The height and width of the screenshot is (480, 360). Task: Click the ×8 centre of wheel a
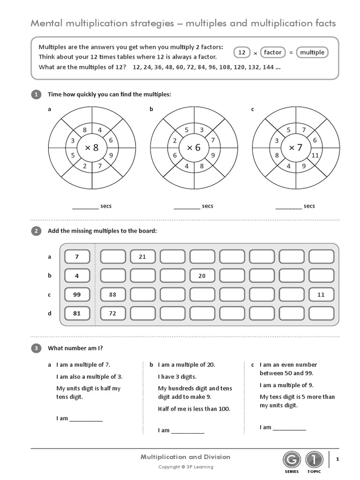[92, 148]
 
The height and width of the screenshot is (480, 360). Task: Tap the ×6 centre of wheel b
[194, 148]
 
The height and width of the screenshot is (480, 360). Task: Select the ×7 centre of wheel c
[296, 148]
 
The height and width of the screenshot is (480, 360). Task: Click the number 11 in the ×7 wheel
[315, 155]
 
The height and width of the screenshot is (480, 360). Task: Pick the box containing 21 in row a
[142, 257]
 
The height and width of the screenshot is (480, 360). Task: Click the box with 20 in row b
[202, 276]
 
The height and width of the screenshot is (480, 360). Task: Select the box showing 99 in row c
[77, 294]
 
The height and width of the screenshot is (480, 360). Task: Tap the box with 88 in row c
[112, 294]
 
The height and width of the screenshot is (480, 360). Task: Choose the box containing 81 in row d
[77, 313]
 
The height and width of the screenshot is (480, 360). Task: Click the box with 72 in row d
[112, 313]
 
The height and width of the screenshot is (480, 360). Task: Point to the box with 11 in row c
[321, 294]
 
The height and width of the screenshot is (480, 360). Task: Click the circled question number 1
[36, 95]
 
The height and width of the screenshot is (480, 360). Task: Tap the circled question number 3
[36, 348]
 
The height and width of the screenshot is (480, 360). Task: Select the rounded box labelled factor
[272, 52]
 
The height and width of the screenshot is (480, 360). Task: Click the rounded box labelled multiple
[312, 52]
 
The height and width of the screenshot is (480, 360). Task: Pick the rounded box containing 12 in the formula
[242, 52]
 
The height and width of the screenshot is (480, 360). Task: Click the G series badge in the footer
[291, 460]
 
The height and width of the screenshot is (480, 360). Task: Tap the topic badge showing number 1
[314, 460]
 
